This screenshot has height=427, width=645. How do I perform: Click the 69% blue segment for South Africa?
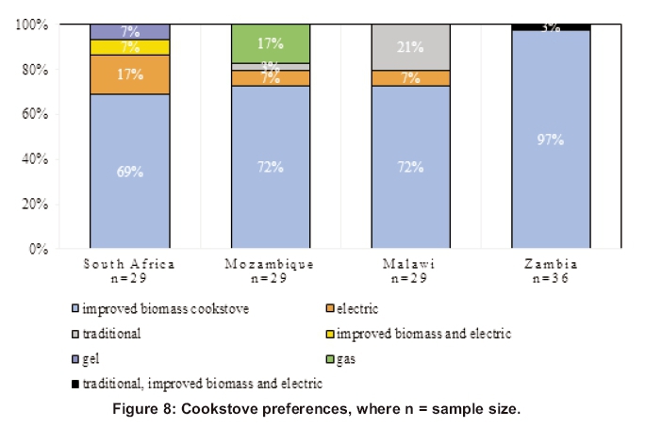point(130,172)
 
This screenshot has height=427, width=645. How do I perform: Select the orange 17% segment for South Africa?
point(130,74)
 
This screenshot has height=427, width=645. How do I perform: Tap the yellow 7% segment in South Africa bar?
point(130,47)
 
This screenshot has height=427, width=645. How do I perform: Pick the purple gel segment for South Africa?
point(130,31)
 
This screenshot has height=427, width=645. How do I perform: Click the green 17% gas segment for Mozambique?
point(271,43)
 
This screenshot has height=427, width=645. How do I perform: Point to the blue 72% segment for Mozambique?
point(271,167)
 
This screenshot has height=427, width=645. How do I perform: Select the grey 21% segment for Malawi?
point(410,47)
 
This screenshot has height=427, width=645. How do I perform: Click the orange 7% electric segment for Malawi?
point(410,78)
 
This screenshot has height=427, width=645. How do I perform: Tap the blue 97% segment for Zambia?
point(551,140)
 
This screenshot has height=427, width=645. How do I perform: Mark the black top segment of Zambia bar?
point(551,26)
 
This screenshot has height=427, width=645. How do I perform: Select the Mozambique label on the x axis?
point(271,264)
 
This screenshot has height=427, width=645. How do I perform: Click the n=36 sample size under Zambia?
point(551,278)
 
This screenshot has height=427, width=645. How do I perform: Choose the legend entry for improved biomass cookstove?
point(166,308)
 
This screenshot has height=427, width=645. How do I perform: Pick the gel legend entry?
point(91,359)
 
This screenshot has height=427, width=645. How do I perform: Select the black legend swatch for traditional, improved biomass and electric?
point(75,384)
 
